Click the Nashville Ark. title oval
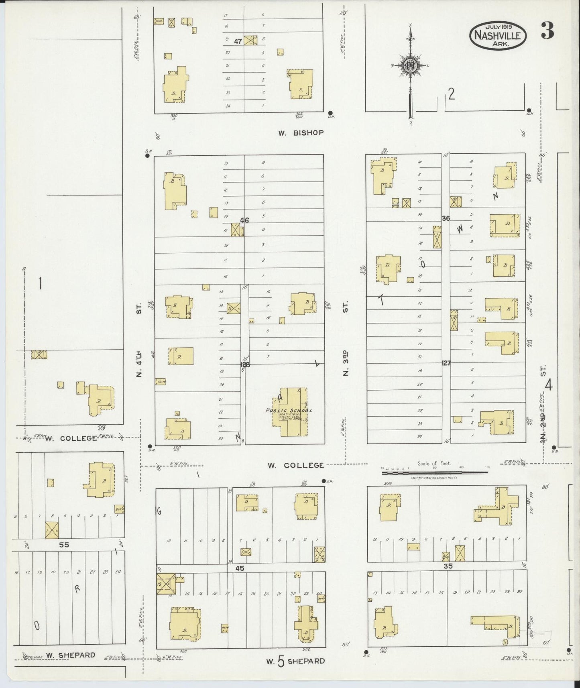click(498, 35)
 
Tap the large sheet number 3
click(547, 31)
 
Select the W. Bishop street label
click(301, 132)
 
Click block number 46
click(244, 220)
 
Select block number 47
click(238, 41)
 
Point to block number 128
click(244, 364)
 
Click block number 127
click(446, 363)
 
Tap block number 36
click(446, 218)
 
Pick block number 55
click(64, 545)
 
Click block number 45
click(240, 568)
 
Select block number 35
click(448, 566)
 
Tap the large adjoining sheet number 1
click(40, 284)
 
